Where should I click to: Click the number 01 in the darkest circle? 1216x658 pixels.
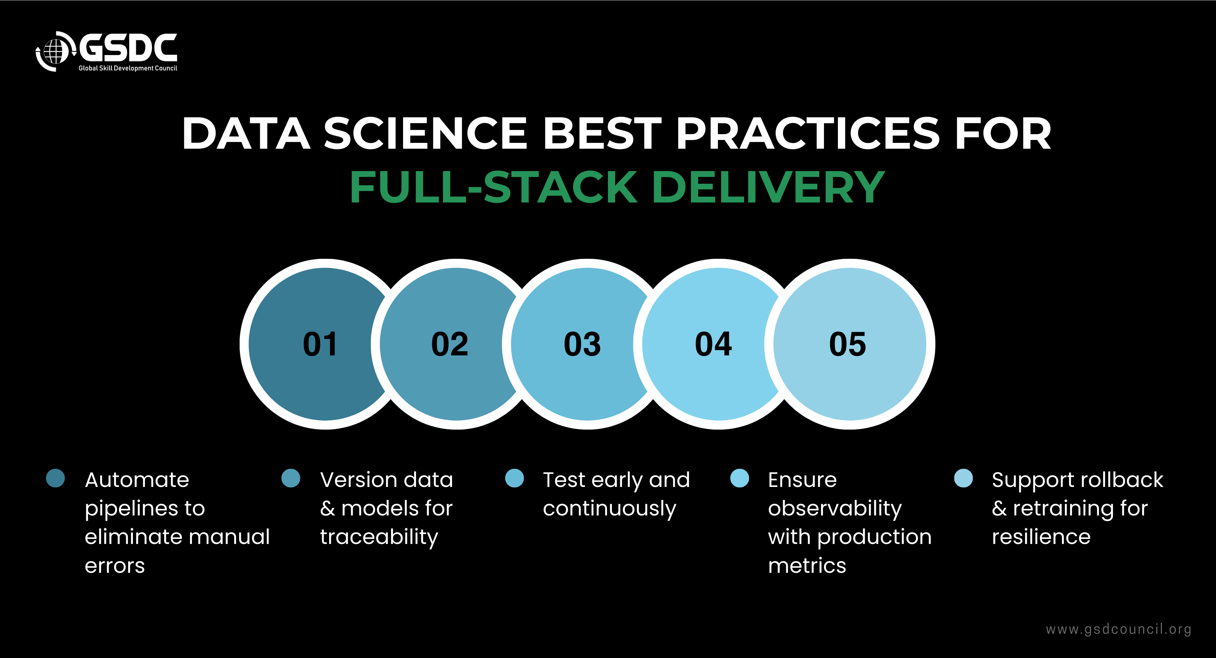point(320,344)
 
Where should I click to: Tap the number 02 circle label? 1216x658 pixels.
point(449,344)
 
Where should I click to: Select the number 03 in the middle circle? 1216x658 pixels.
point(582,344)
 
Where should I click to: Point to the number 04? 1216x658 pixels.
point(713,344)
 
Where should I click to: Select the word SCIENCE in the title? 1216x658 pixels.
point(425,133)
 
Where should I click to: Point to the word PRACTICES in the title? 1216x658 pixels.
point(807,133)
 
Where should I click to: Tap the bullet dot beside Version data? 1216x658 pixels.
point(291,478)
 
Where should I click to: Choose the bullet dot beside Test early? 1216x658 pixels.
point(515,478)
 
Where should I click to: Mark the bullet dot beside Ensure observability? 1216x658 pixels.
point(740,478)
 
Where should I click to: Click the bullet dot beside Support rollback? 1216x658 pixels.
point(963,478)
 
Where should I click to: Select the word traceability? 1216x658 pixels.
point(379,537)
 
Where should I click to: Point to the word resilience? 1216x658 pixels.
point(1041,537)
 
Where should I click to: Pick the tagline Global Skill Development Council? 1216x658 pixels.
point(127,68)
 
